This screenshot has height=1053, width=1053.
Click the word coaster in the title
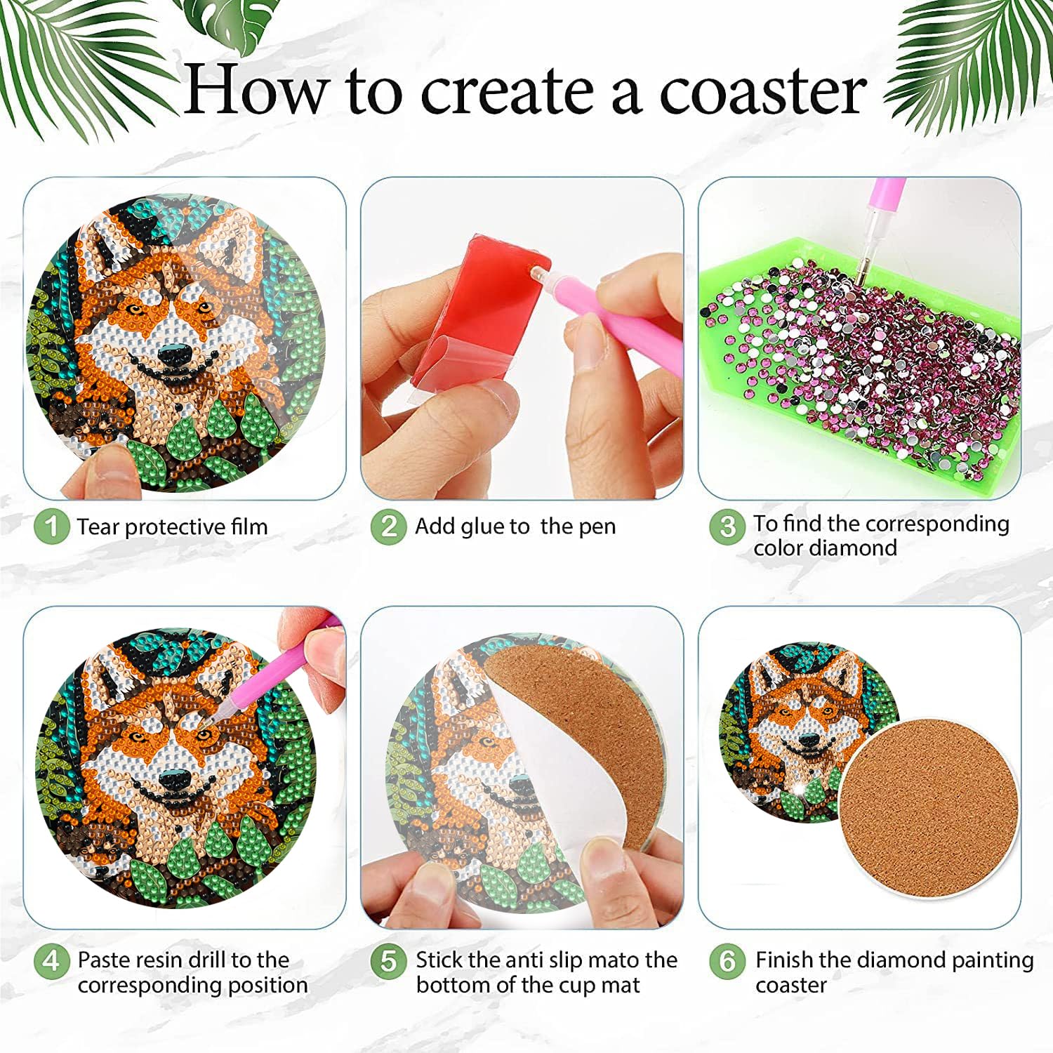tap(762, 91)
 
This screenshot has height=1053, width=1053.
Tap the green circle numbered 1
tap(52, 526)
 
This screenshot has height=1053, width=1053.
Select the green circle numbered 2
tap(389, 526)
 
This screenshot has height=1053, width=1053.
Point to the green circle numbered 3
tap(727, 526)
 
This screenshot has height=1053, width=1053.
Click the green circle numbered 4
tap(52, 960)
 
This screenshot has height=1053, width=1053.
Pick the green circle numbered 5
tap(389, 960)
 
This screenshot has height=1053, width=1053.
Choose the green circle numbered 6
tap(727, 960)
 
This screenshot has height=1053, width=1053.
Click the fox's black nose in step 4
tap(173, 779)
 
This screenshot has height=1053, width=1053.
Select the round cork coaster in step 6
tap(928, 807)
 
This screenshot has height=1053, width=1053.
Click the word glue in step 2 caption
tap(482, 526)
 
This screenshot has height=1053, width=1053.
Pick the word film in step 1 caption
tap(250, 526)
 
